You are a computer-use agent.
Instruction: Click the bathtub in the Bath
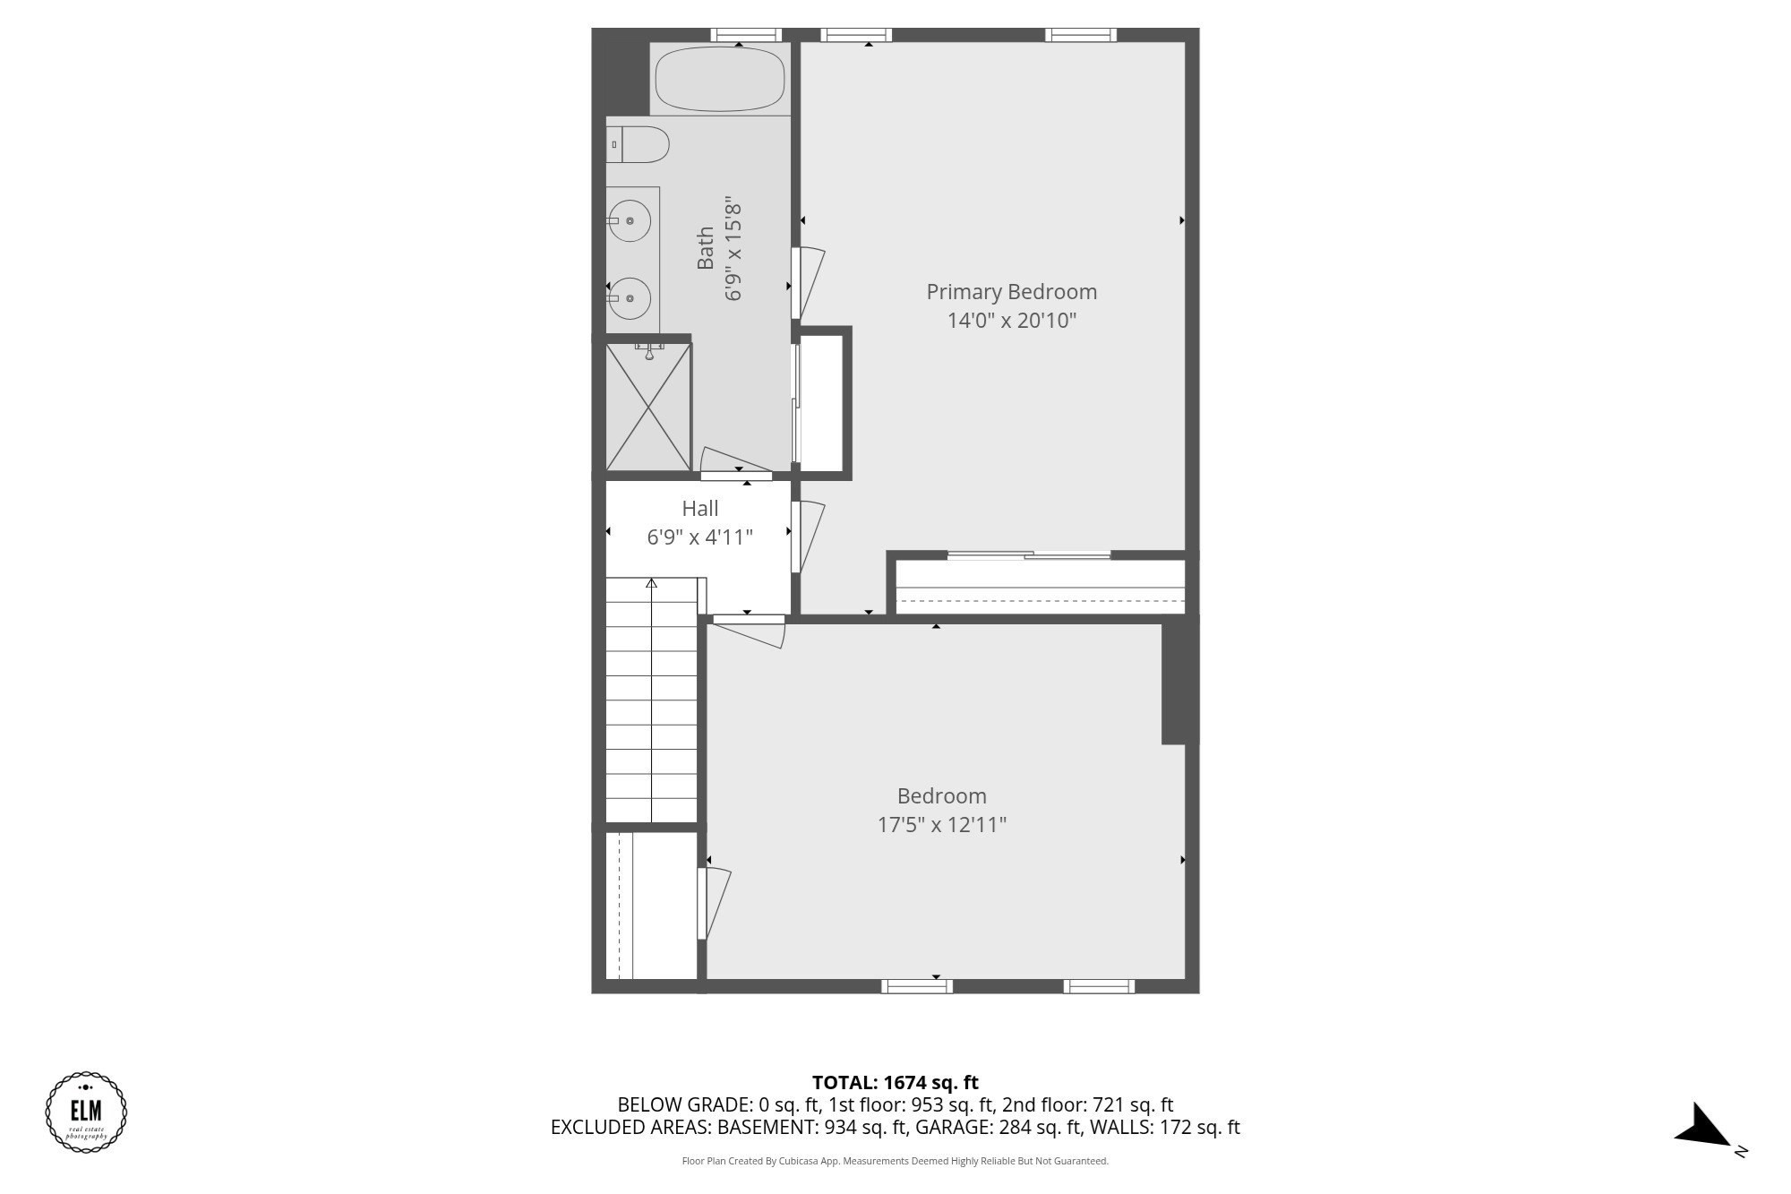pyautogui.click(x=720, y=79)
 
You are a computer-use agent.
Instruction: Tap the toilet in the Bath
pyautogui.click(x=638, y=144)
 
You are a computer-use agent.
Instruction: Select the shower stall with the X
pyautogui.click(x=648, y=408)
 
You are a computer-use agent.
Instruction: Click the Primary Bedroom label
pyautogui.click(x=1011, y=292)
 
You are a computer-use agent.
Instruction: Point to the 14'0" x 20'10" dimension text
pyautogui.click(x=1011, y=321)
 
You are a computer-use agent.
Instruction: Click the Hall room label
pyautogui.click(x=699, y=509)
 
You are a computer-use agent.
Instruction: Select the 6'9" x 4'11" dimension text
pyautogui.click(x=699, y=537)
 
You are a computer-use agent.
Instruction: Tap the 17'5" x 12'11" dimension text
pyautogui.click(x=941, y=825)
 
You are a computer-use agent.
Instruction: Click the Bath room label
pyautogui.click(x=706, y=248)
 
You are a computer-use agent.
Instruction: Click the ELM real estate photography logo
pyautogui.click(x=86, y=1112)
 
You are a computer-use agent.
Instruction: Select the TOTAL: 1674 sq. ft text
pyautogui.click(x=895, y=1083)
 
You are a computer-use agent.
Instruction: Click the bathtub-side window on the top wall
pyautogui.click(x=746, y=36)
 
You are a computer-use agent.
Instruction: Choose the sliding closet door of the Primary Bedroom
pyautogui.click(x=1029, y=556)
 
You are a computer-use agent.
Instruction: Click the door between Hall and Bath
pyautogui.click(x=736, y=475)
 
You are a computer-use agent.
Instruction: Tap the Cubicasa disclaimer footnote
pyautogui.click(x=895, y=1162)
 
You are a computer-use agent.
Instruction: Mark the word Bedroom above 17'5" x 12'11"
pyautogui.click(x=941, y=796)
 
